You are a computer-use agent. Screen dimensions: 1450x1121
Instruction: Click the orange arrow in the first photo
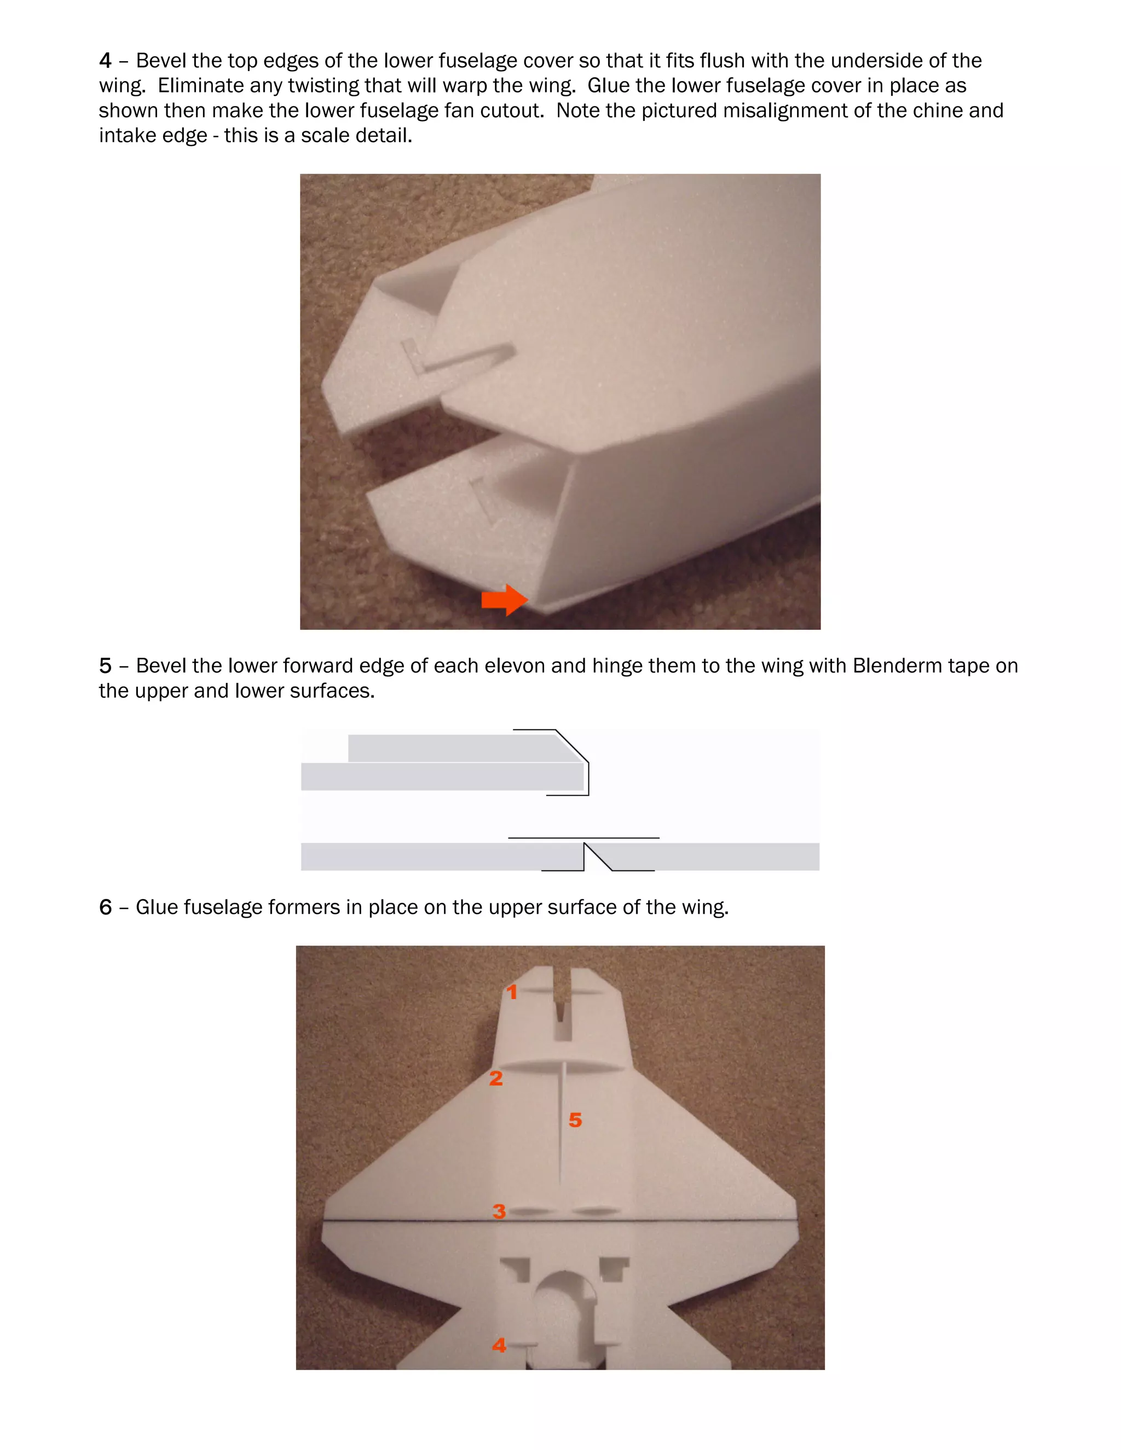click(504, 600)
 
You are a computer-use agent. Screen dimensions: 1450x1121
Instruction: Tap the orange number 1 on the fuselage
click(511, 992)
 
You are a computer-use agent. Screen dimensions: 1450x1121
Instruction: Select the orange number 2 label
click(495, 1078)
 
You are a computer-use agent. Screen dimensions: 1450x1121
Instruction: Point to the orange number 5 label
click(575, 1120)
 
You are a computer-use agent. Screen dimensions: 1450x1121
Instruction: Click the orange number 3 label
click(499, 1211)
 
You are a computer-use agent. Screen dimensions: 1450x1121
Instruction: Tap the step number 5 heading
click(105, 666)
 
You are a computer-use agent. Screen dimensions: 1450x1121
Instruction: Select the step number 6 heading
click(105, 908)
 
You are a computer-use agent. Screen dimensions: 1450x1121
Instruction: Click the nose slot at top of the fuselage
click(563, 1002)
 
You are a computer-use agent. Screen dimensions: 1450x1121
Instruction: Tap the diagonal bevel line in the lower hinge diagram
click(597, 856)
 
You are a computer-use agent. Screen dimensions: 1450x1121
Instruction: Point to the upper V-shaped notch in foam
click(458, 358)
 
